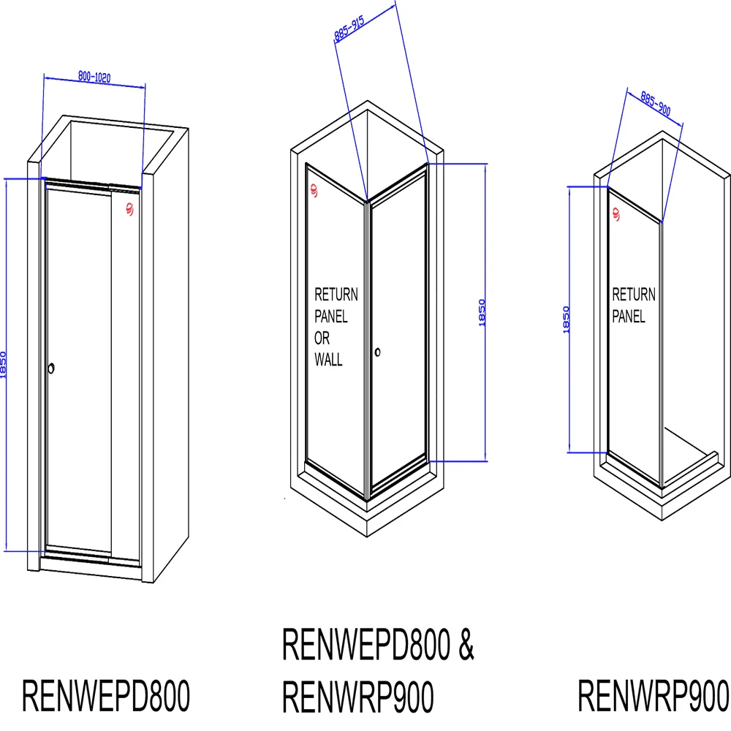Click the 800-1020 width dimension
coord(94,77)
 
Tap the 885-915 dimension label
coord(349,29)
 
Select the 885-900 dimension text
coord(656,104)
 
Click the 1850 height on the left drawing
coord(3,365)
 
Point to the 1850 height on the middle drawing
coord(482,312)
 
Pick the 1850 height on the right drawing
coord(567,319)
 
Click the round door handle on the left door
coord(51,368)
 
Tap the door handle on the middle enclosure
coord(378,352)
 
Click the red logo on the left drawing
coord(129,209)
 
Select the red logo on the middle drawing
coord(314,190)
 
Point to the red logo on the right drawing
coord(616,214)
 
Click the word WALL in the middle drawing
coord(329,360)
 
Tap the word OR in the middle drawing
coord(322,338)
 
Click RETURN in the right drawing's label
coord(634,295)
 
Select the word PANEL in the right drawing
coord(629,316)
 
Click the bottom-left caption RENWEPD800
coord(106,696)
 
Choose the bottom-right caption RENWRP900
coord(653,696)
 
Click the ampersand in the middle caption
coord(466,644)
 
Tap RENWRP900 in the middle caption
coord(358,697)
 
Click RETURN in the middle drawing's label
coord(336,295)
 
